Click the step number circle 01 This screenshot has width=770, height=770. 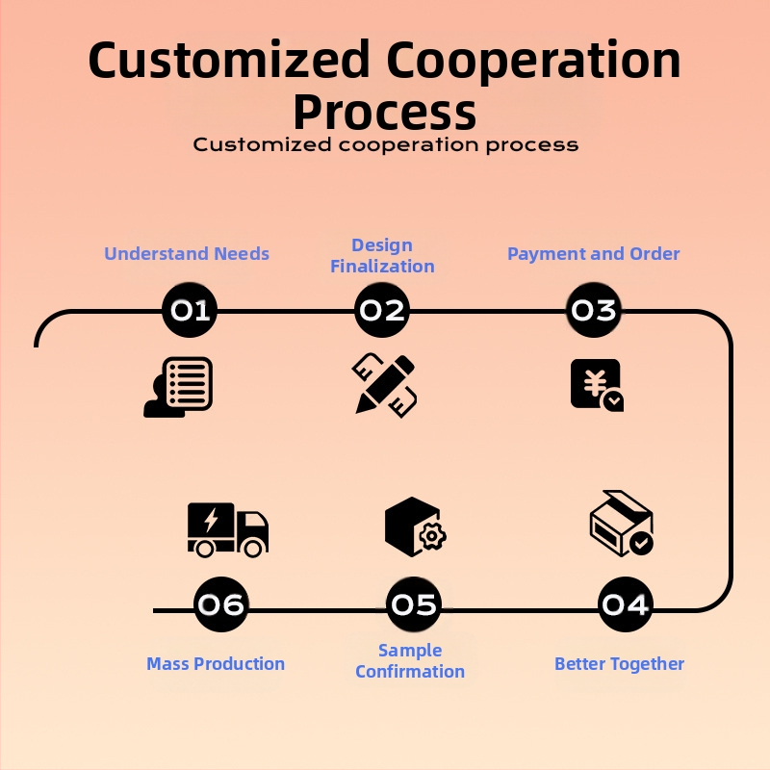(x=190, y=310)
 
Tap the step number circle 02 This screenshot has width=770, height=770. (x=382, y=310)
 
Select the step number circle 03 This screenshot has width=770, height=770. (x=593, y=310)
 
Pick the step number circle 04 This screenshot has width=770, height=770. (x=625, y=604)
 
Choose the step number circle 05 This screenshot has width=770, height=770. (x=414, y=604)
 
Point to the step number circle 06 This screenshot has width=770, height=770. (x=220, y=604)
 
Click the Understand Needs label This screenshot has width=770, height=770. (x=187, y=254)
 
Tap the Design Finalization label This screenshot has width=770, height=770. (x=382, y=256)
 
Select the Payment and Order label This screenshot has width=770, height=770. (x=593, y=254)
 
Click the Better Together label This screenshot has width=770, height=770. (x=619, y=664)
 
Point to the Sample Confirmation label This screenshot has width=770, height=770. (x=410, y=661)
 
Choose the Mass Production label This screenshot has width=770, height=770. (x=216, y=664)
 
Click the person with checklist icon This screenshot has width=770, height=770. (x=178, y=387)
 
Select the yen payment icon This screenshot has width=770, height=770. (x=596, y=386)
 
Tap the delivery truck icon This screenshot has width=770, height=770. (x=227, y=528)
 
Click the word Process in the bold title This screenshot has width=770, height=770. (x=385, y=112)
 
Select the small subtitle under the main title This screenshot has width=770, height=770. (x=385, y=145)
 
